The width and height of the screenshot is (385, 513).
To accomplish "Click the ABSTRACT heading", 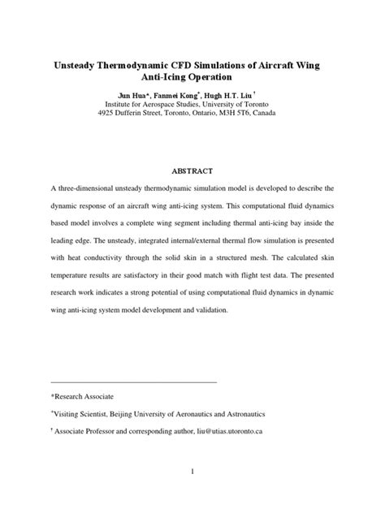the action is [192, 171].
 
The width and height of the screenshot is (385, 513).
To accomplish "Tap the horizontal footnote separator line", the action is [133, 380].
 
